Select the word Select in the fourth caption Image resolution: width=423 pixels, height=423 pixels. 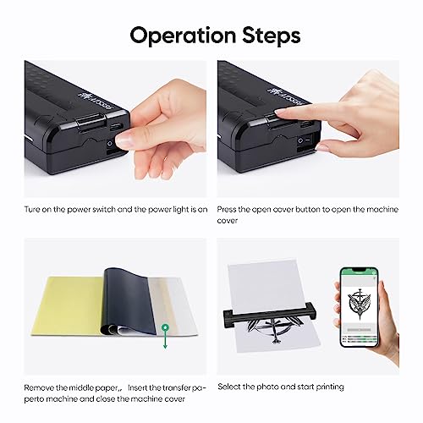click(231, 386)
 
